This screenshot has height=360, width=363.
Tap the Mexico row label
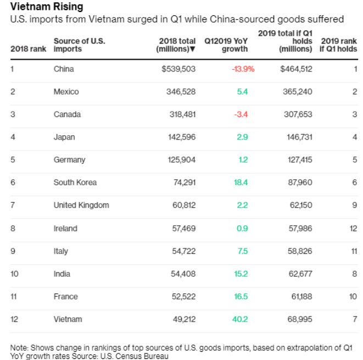click(66, 92)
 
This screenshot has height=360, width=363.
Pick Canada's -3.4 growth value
click(242, 114)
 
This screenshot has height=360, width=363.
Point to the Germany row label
click(69, 160)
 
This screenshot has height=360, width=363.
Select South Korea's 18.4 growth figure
click(242, 182)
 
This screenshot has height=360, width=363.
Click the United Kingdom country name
click(81, 206)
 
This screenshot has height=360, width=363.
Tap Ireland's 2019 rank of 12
click(353, 228)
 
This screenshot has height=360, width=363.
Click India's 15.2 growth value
click(242, 274)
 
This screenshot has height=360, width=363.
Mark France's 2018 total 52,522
click(183, 297)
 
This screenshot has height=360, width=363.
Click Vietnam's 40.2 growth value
click(242, 319)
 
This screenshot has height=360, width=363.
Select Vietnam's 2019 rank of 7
click(355, 319)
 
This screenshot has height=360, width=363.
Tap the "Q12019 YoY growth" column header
click(226, 45)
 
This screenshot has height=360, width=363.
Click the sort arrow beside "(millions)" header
click(193, 49)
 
